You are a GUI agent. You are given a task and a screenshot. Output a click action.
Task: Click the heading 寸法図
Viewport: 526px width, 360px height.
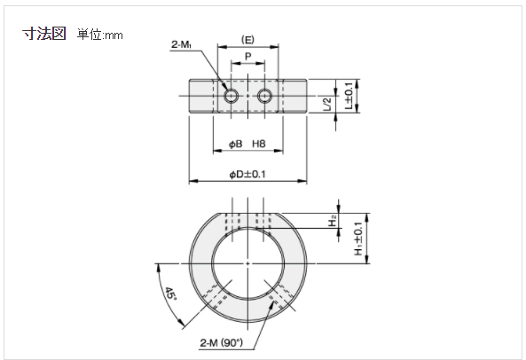click(x=44, y=34)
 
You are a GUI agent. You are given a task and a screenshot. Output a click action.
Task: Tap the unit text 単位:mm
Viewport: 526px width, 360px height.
click(x=100, y=35)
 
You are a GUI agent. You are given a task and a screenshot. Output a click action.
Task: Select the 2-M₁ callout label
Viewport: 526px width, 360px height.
click(x=182, y=44)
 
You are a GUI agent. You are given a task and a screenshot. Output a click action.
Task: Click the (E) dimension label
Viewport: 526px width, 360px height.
click(x=247, y=40)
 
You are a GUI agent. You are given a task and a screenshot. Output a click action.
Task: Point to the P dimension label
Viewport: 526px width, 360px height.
click(x=247, y=56)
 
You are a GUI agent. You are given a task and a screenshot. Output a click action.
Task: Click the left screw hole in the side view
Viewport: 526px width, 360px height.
click(x=231, y=96)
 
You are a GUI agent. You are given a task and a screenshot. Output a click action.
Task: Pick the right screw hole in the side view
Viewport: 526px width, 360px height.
click(x=264, y=96)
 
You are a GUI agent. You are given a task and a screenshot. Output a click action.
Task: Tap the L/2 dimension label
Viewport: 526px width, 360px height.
click(x=327, y=104)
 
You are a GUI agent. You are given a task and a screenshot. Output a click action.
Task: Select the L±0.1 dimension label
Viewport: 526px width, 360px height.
click(x=349, y=96)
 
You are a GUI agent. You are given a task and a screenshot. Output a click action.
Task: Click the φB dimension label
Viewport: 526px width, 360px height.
click(x=235, y=145)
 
